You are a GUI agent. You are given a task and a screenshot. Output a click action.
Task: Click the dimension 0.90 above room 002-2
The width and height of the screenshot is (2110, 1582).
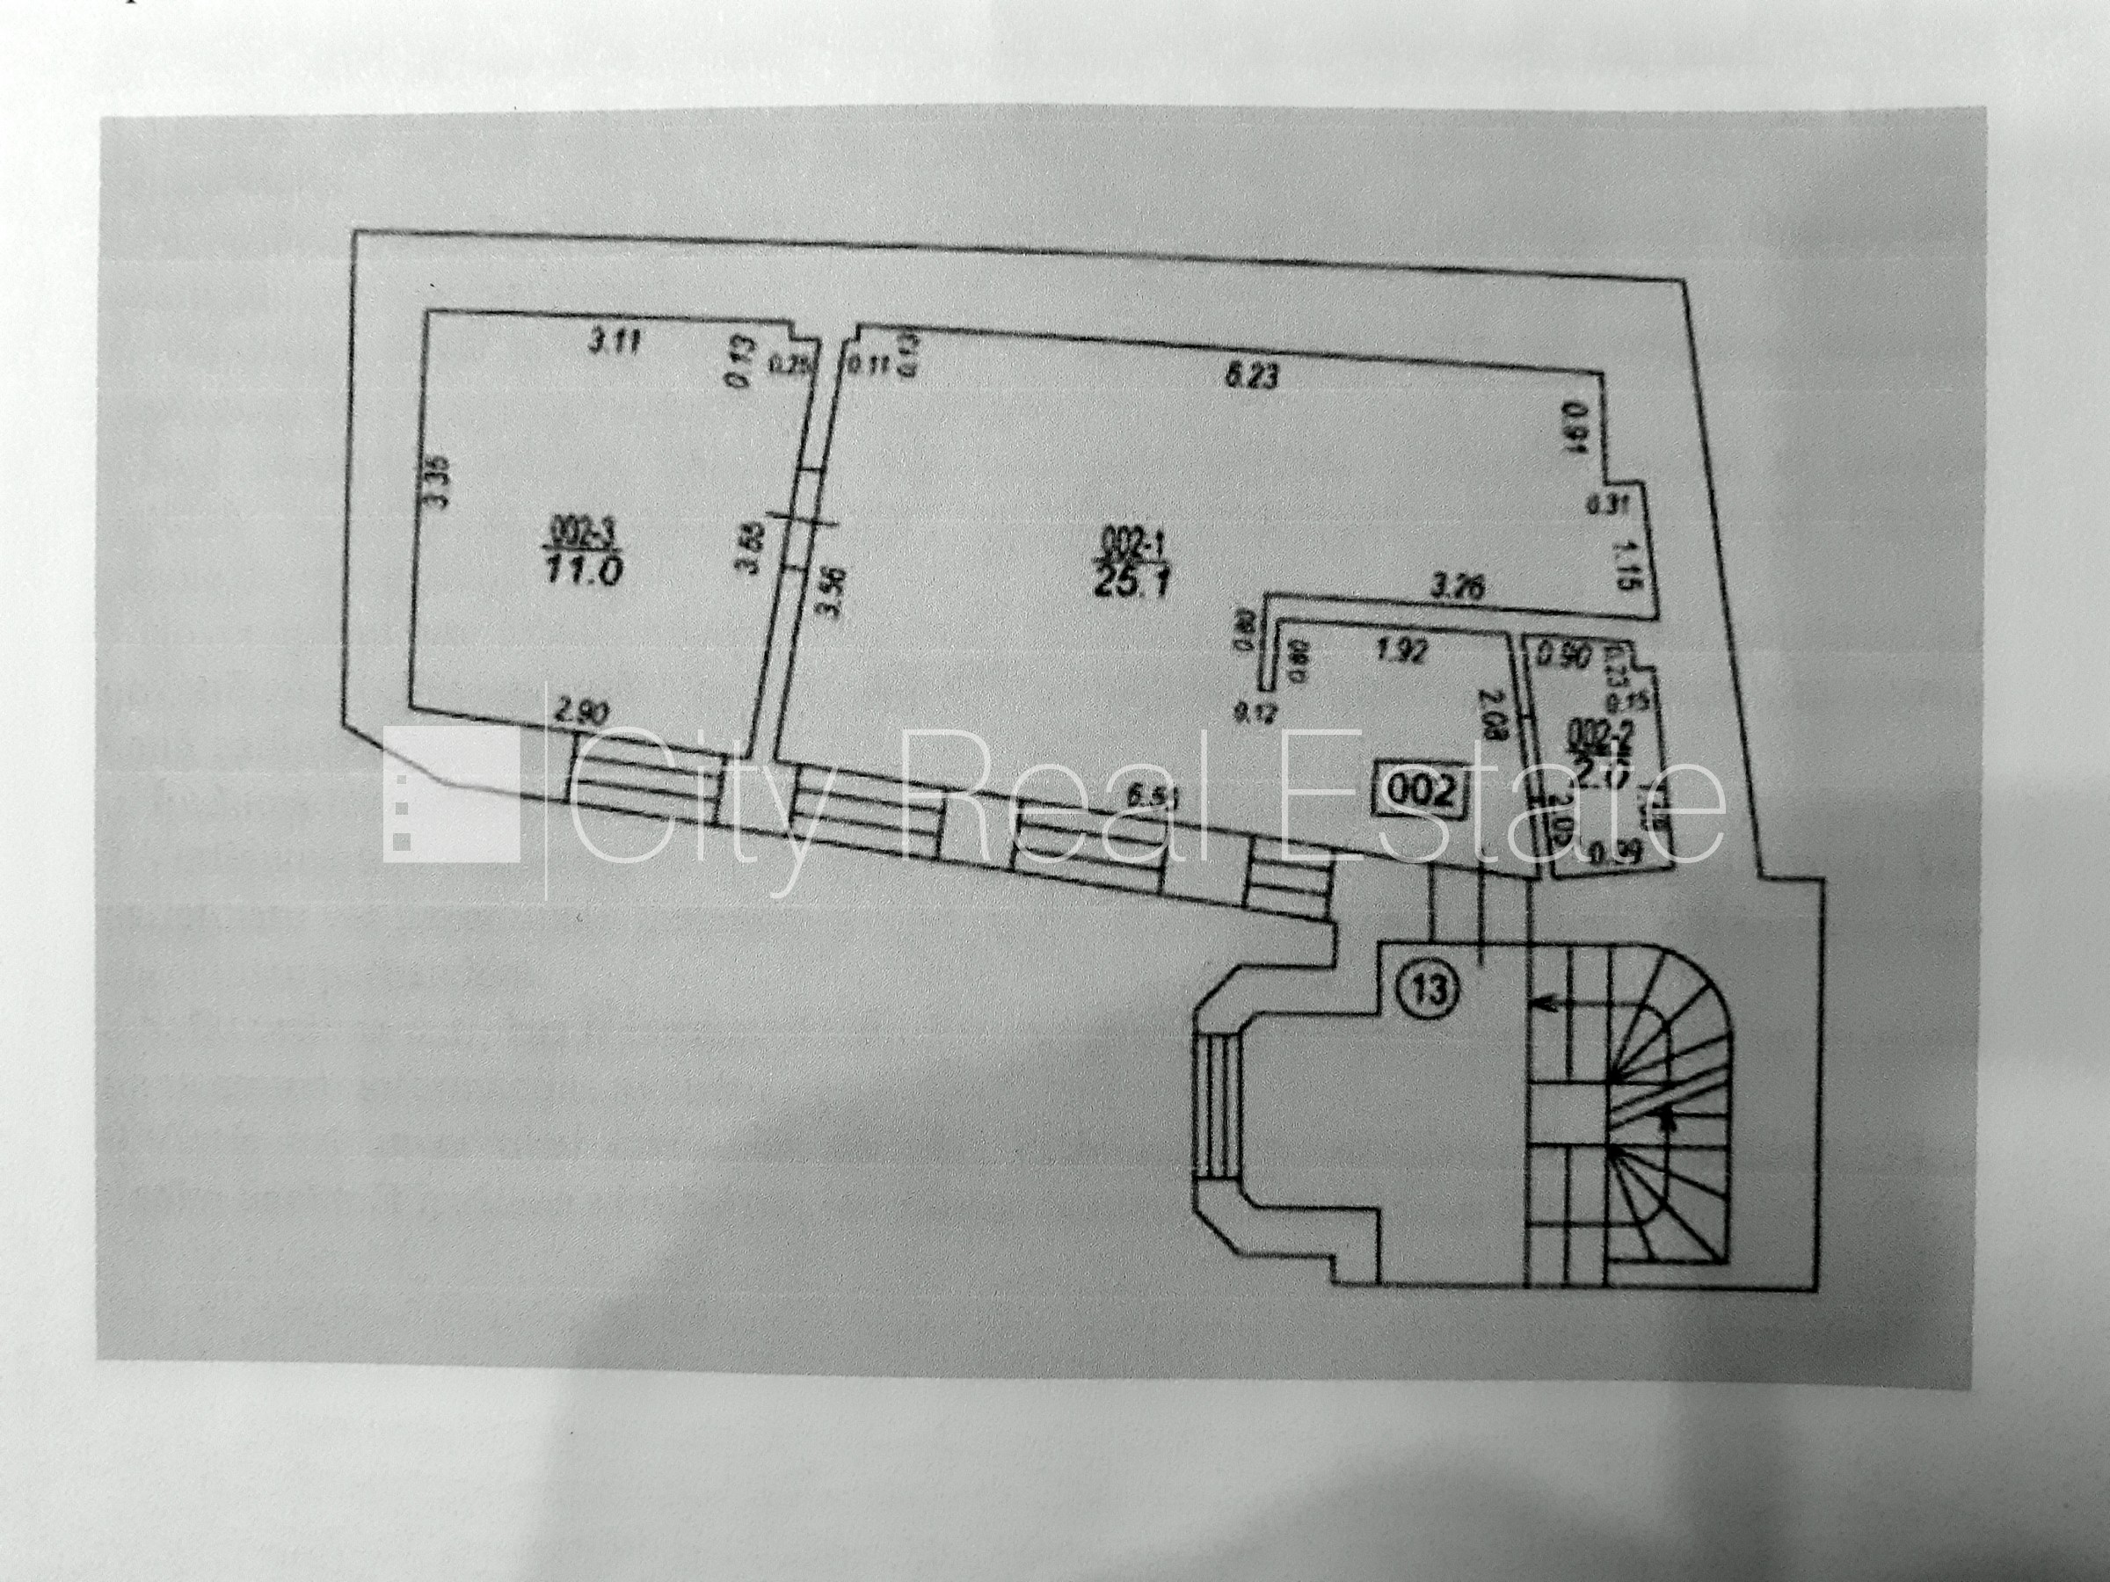[x=1561, y=656]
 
